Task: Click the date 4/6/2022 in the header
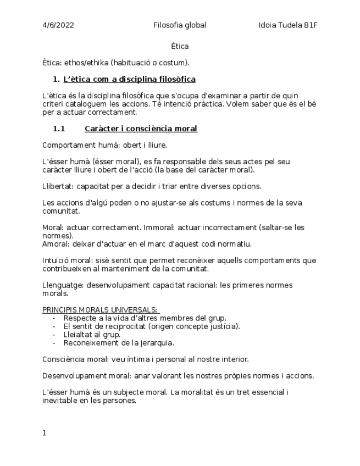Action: click(58, 25)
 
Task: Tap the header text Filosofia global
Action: click(180, 25)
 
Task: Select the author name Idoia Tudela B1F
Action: click(288, 25)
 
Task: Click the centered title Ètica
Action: click(180, 46)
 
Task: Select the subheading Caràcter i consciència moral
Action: click(141, 129)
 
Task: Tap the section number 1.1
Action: click(59, 129)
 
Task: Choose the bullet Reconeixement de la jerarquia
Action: click(118, 343)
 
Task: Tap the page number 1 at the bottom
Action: click(45, 434)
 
